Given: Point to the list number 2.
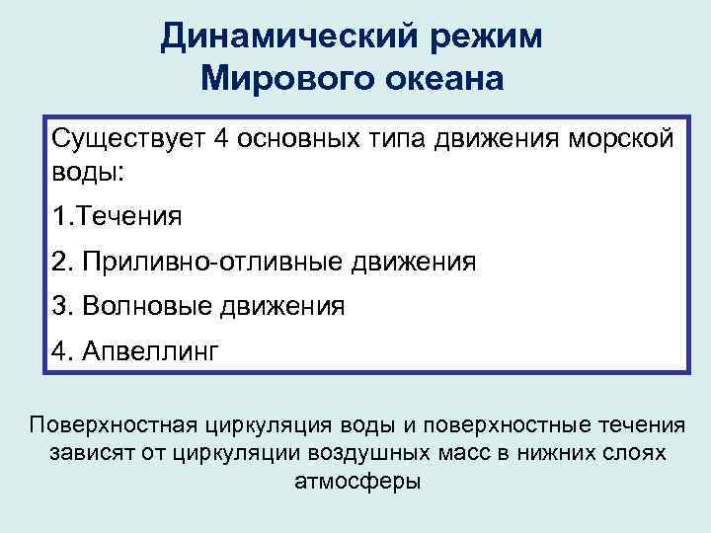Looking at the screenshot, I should (60, 262).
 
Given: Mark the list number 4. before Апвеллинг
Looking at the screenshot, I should (60, 350).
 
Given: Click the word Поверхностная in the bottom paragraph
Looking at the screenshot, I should (113, 425).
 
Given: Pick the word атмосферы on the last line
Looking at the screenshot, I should (356, 483).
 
